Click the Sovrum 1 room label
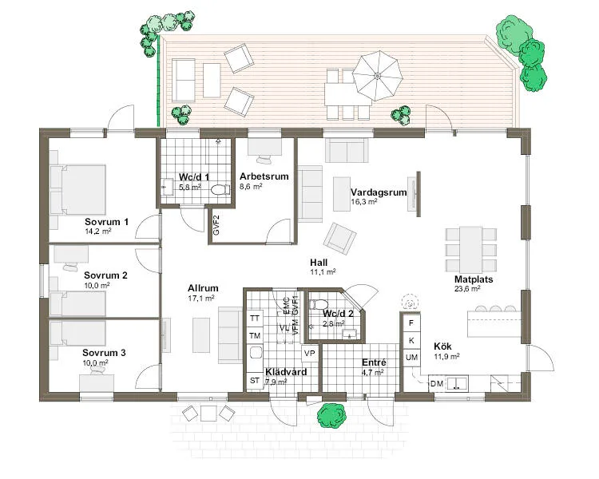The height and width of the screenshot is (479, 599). click(x=106, y=221)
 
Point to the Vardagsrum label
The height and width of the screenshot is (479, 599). click(x=379, y=192)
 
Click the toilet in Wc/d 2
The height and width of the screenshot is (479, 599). click(x=319, y=304)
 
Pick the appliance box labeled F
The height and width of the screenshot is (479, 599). click(x=411, y=324)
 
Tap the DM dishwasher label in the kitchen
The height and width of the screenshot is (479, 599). click(x=436, y=384)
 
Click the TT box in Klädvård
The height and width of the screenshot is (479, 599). click(x=255, y=319)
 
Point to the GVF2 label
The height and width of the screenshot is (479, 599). click(x=216, y=225)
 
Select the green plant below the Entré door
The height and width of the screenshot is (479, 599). click(x=331, y=416)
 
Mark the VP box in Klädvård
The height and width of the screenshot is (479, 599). click(x=310, y=353)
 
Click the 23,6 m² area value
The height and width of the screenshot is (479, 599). click(x=467, y=289)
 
